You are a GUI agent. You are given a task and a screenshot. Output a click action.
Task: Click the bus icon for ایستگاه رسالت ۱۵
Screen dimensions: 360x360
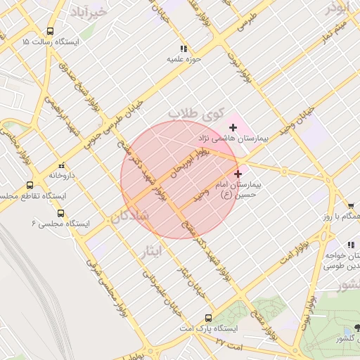click(50, 31)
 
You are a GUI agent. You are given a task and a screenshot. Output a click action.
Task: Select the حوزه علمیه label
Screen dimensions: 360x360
click(184, 60)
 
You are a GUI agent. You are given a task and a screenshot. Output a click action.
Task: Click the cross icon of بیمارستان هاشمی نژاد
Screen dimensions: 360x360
click(233, 127)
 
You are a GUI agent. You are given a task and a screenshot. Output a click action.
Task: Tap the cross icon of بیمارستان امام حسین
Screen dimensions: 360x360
click(238, 173)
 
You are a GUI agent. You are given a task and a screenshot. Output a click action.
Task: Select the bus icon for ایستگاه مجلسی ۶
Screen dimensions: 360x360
click(60, 213)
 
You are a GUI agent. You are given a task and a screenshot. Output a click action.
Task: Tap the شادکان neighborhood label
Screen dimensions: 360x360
click(129, 217)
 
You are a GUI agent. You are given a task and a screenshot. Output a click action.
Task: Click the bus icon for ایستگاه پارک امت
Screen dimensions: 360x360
click(207, 317)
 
